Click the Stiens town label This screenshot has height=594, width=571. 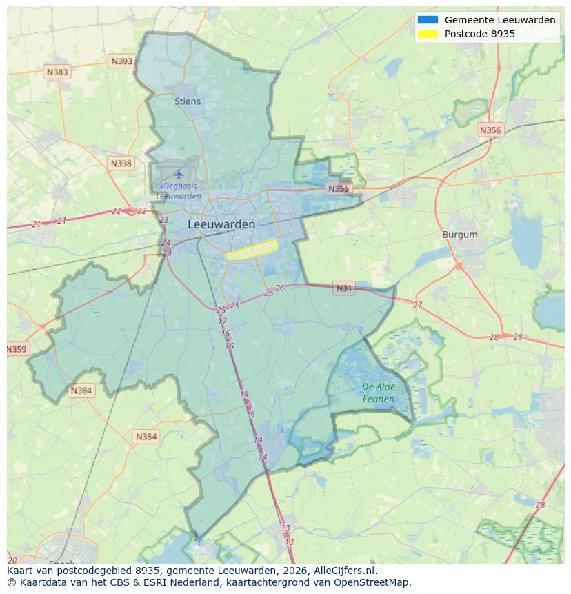pos(188,101)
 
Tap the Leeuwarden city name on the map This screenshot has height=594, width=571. pos(221,224)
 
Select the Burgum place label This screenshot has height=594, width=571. pos(460,235)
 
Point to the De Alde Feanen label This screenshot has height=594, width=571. pos(379,393)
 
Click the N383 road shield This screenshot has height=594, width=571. pos(57,72)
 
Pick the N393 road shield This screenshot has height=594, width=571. pos(121,61)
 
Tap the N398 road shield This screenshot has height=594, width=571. pos(121,163)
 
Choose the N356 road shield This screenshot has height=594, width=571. pos(490,130)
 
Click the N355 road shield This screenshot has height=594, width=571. pos(339,188)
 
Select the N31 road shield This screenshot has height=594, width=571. pos(343,288)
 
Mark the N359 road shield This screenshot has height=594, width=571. pos(17,349)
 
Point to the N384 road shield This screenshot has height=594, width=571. pos(81,391)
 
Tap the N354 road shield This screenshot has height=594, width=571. pos(146,437)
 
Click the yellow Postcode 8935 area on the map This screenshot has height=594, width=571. pos(252,250)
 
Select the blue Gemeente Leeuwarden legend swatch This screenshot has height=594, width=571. pos(428,20)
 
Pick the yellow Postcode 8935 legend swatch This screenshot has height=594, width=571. pos(428,34)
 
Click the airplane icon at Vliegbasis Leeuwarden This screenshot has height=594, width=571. pos(179,173)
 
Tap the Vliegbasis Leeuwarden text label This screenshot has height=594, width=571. pos(179,191)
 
